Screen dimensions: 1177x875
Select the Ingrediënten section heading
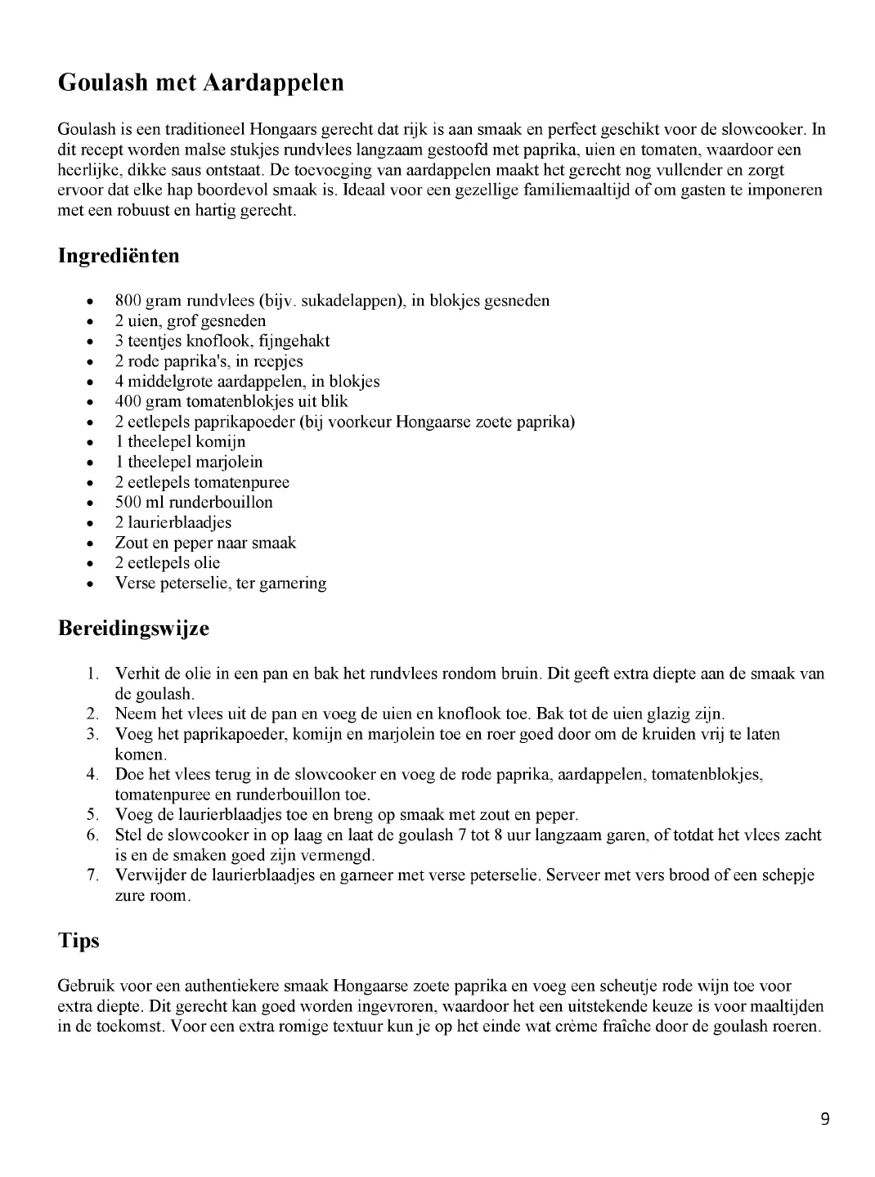119,256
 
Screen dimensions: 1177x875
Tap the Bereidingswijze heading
133,629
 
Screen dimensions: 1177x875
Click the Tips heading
79,941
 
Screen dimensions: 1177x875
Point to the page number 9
824,1119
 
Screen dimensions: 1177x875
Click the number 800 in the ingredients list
128,301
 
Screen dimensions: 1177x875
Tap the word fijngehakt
293,341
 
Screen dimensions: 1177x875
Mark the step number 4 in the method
92,774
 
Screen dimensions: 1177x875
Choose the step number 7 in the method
92,875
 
